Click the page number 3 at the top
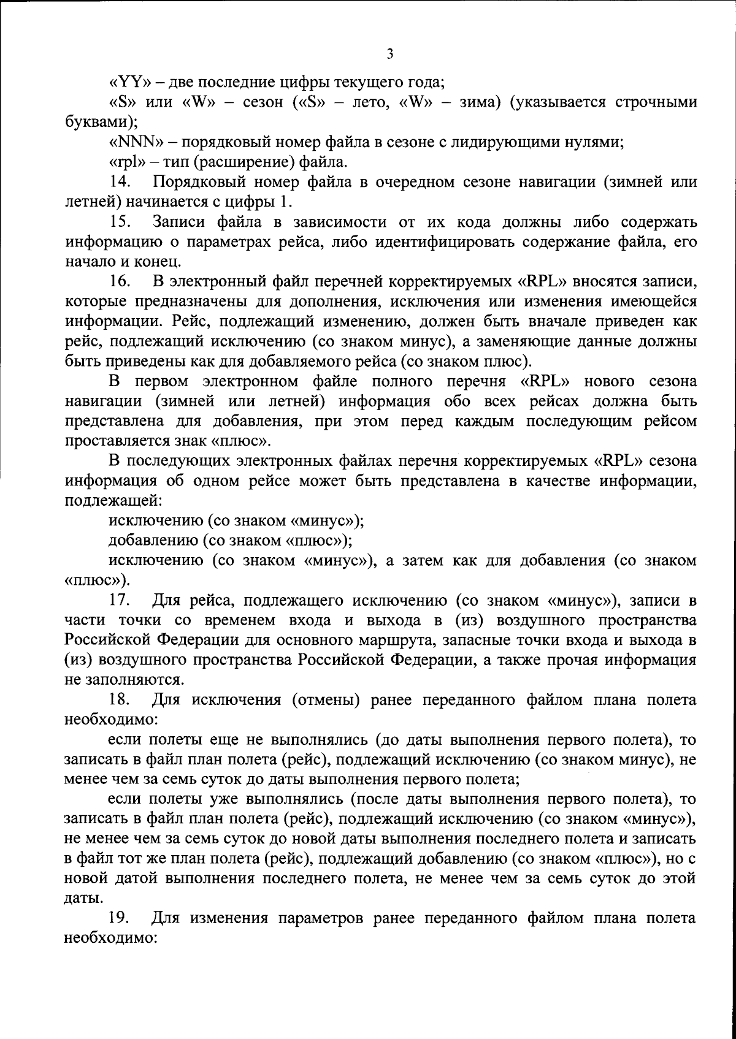tap(390, 54)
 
